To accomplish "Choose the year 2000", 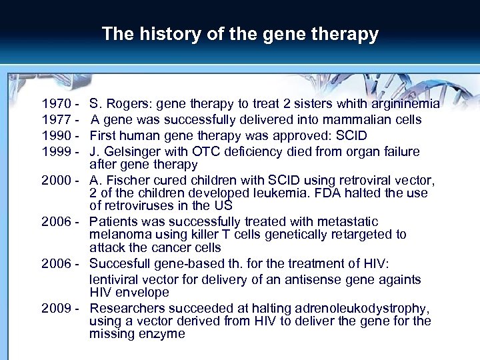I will pyautogui.click(x=55, y=180).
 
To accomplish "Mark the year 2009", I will pyautogui.click(x=55, y=308).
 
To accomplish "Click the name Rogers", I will pyautogui.click(x=124, y=104).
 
